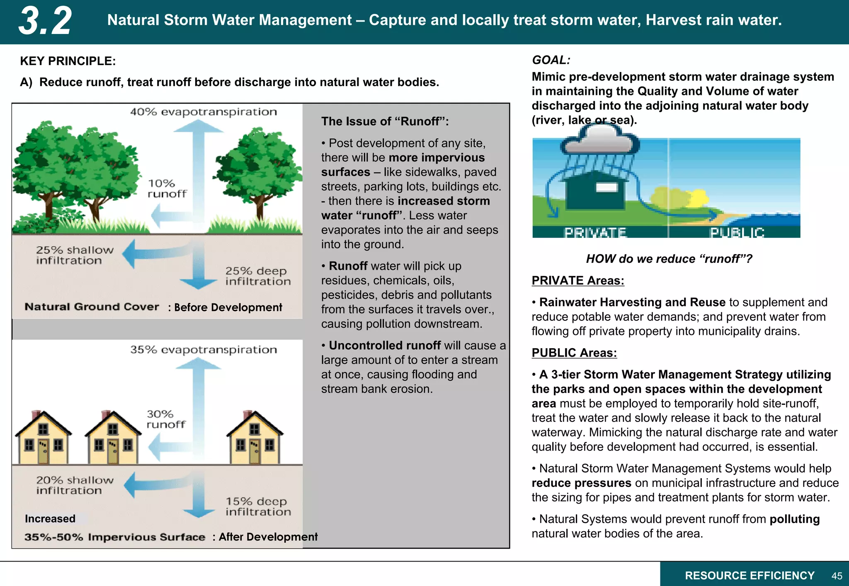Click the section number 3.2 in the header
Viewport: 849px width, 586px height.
pyautogui.click(x=45, y=21)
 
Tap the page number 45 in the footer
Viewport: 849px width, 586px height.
pyautogui.click(x=837, y=576)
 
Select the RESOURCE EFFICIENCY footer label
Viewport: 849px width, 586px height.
pyautogui.click(x=750, y=576)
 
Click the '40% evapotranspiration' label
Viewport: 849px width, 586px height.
pyautogui.click(x=203, y=112)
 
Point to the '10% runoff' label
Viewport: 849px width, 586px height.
pyautogui.click(x=167, y=189)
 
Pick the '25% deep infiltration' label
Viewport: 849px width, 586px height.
pyautogui.click(x=258, y=276)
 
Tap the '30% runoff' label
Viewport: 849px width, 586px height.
pyautogui.click(x=166, y=419)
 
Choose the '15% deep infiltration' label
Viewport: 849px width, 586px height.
pyautogui.click(x=258, y=506)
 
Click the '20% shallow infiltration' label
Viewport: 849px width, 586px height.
pyautogui.click(x=75, y=485)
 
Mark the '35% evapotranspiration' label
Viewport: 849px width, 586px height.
pyautogui.click(x=203, y=350)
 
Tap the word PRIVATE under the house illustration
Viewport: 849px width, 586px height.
pyautogui.click(x=595, y=232)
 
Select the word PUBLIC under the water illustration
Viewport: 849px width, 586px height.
pyautogui.click(x=737, y=232)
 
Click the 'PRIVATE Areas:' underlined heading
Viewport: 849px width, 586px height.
pyautogui.click(x=578, y=281)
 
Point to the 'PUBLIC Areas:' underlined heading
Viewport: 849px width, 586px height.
pyautogui.click(x=574, y=353)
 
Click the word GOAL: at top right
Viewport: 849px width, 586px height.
pyautogui.click(x=551, y=60)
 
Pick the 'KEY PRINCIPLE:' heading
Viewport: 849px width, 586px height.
pyautogui.click(x=68, y=61)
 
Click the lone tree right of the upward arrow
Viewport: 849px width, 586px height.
pyautogui.click(x=259, y=170)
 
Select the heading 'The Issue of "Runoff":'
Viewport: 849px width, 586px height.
pyautogui.click(x=385, y=121)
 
